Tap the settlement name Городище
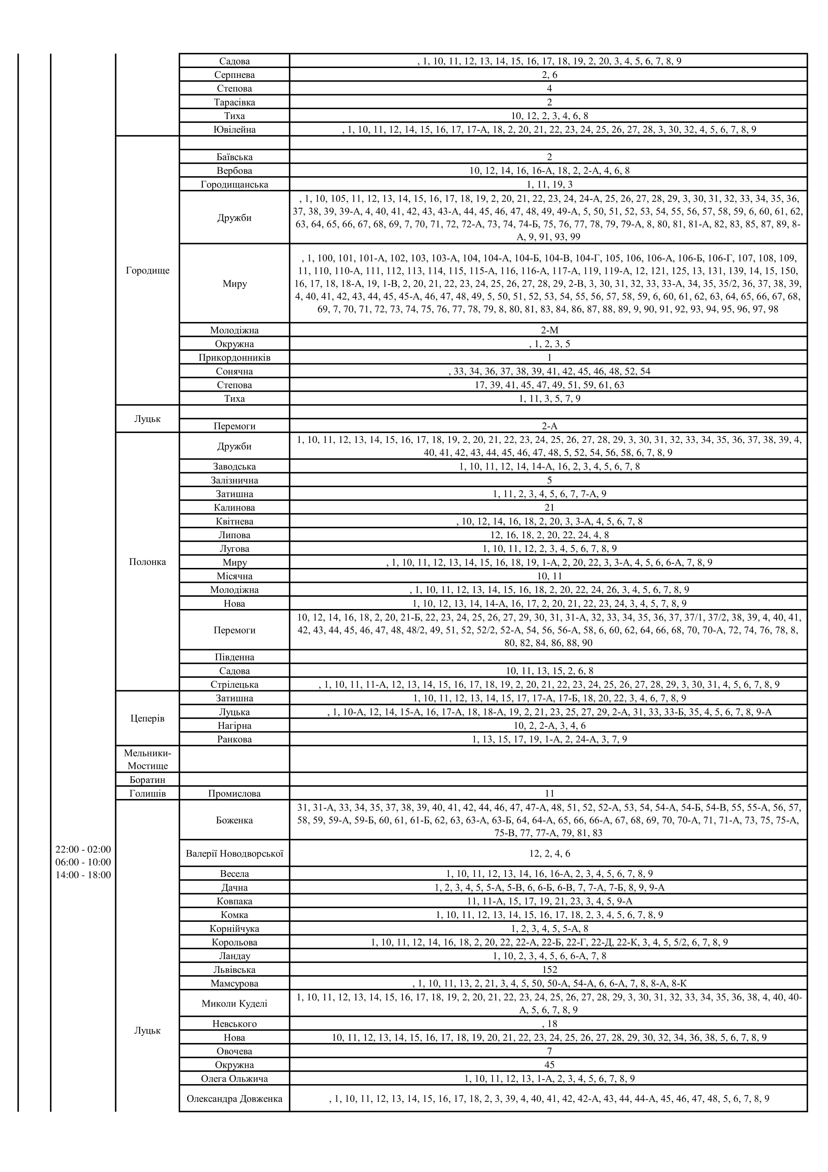tap(147, 271)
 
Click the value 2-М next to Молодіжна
tap(549, 330)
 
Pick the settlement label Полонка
tap(147, 562)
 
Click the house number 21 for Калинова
tap(549, 507)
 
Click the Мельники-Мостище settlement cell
tap(147, 759)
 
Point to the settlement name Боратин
tap(147, 779)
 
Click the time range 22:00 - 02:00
tap(83, 849)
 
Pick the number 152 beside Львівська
tap(549, 969)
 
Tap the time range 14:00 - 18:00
tap(83, 875)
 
